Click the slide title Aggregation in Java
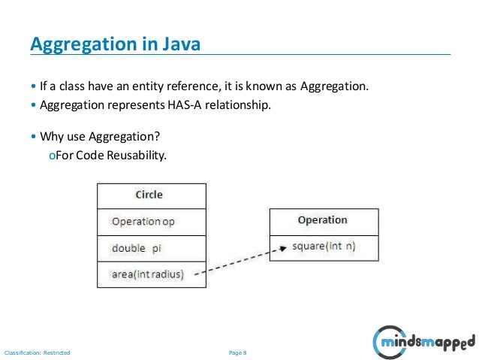(x=115, y=44)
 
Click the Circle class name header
(x=149, y=195)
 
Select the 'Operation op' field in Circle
(x=143, y=222)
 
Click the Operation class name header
(x=322, y=220)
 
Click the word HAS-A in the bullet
(x=177, y=105)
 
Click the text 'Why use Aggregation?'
(x=100, y=138)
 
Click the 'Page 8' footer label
(x=238, y=352)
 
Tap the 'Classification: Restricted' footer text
(x=38, y=352)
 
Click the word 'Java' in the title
(x=181, y=44)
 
